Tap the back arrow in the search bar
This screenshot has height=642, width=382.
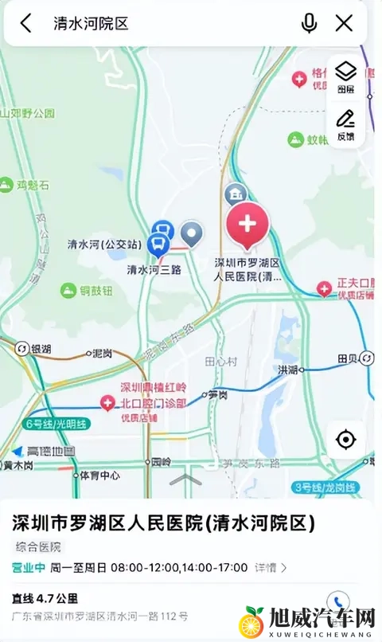[x=26, y=23]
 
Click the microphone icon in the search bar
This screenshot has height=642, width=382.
[x=309, y=23]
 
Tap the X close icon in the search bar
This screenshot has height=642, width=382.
[x=344, y=23]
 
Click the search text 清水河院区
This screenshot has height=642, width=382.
[x=91, y=23]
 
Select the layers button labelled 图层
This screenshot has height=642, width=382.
[x=345, y=77]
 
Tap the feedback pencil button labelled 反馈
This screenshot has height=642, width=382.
[x=345, y=125]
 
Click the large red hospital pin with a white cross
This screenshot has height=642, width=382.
[x=248, y=224]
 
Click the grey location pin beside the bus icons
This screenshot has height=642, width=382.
[x=192, y=233]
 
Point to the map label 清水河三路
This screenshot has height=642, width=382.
[x=154, y=270]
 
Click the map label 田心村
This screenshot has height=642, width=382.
[x=221, y=361]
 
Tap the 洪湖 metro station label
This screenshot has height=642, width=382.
[x=286, y=370]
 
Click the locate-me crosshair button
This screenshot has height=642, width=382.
[x=345, y=439]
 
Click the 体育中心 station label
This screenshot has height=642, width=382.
[x=99, y=476]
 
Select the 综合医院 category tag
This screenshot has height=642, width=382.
[x=39, y=547]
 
